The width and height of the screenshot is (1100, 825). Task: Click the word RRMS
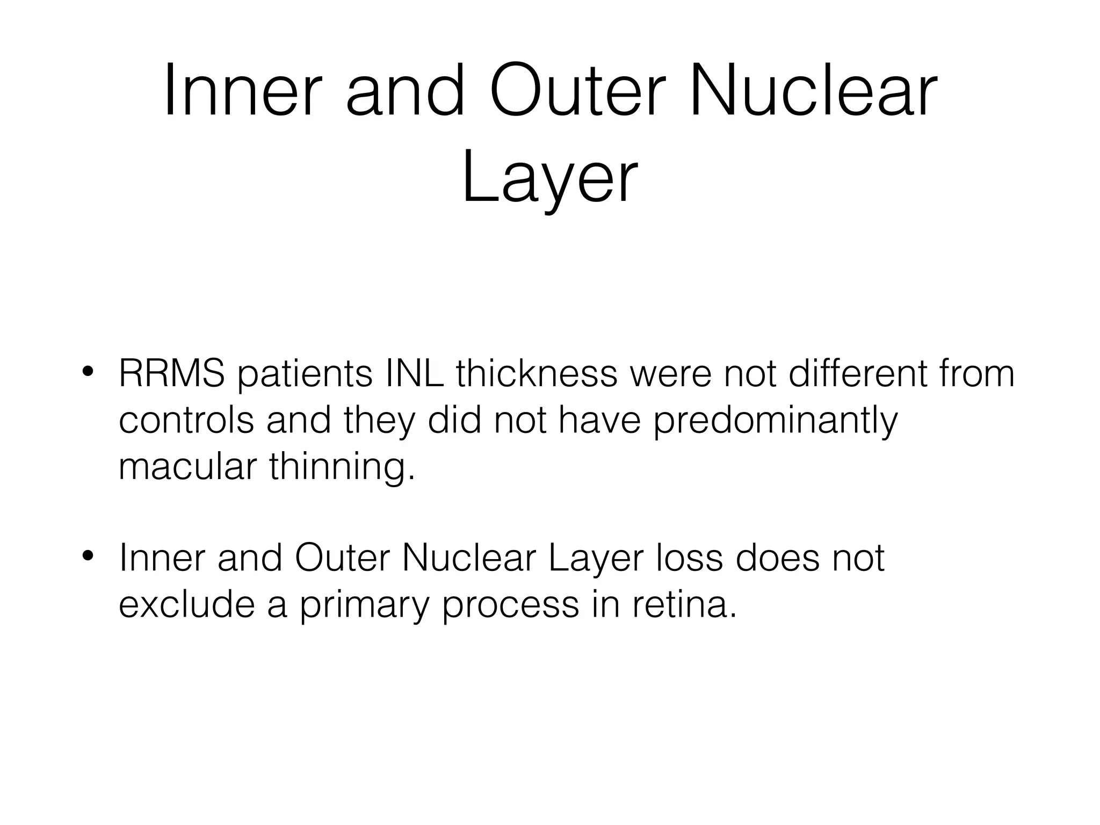click(171, 373)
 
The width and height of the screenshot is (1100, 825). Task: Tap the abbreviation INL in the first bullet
click(415, 373)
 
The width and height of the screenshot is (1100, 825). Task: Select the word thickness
click(537, 373)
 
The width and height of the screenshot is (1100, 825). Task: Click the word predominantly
click(775, 422)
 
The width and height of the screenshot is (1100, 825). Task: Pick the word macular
click(187, 466)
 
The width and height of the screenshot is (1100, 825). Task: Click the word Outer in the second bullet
click(342, 558)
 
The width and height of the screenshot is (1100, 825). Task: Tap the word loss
click(689, 558)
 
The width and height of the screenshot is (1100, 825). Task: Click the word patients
click(305, 374)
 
